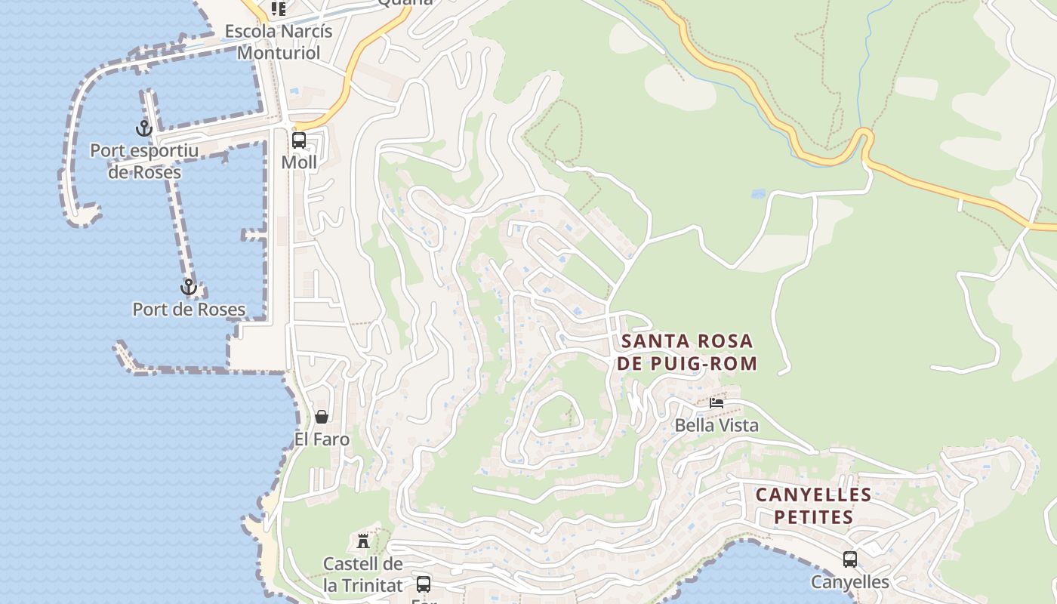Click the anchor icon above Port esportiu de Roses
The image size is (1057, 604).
(143, 128)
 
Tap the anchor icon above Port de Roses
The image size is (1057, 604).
(188, 287)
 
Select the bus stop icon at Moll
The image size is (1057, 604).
(299, 140)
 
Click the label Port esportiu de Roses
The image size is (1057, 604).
(144, 162)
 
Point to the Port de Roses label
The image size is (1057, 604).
(189, 310)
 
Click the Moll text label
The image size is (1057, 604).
(299, 162)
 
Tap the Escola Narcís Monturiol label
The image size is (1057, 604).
(279, 42)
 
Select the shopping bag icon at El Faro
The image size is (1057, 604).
(322, 417)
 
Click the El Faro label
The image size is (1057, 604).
(322, 439)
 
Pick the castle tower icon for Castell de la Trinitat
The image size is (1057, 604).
(363, 541)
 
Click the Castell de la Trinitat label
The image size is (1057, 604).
(363, 574)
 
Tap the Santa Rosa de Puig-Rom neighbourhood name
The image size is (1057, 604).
(686, 353)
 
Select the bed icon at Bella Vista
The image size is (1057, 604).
(716, 403)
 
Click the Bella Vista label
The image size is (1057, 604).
(716, 425)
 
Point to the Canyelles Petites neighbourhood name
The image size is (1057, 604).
(813, 506)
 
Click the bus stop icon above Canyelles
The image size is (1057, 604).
(850, 559)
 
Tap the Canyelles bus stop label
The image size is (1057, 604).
(850, 582)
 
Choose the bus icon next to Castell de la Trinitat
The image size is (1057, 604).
(424, 584)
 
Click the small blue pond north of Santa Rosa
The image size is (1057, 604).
(758, 194)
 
